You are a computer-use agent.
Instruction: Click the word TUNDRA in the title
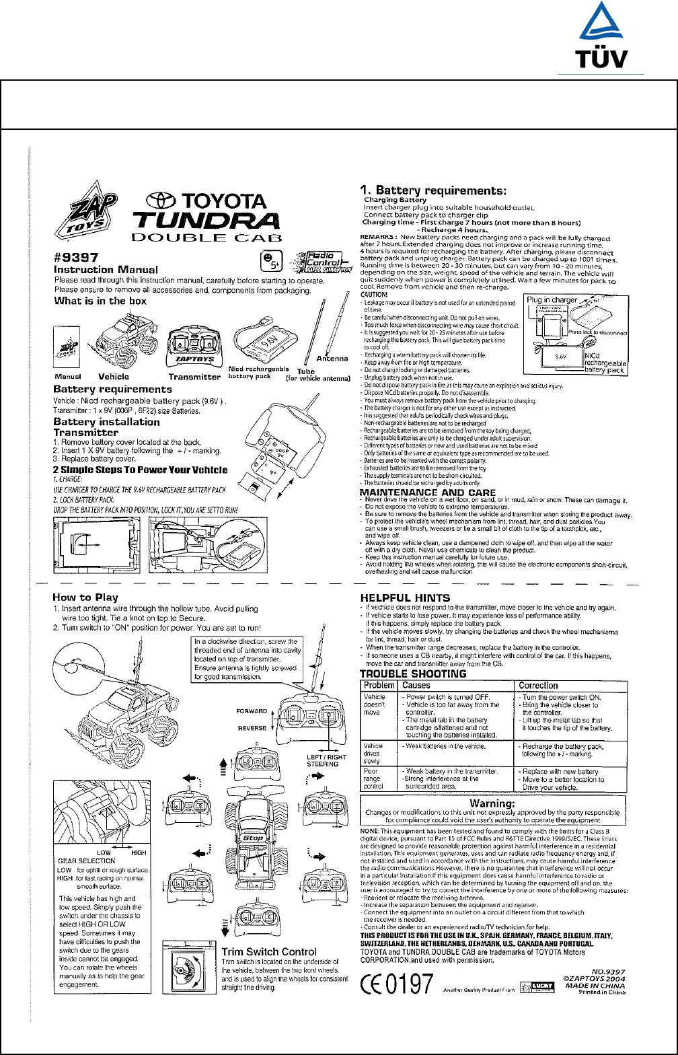tap(206, 220)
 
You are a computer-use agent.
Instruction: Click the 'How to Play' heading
tap(85, 597)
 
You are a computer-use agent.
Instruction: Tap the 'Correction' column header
tap(539, 686)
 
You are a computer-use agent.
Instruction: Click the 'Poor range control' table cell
tap(375, 778)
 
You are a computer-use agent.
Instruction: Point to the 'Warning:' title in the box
tap(492, 803)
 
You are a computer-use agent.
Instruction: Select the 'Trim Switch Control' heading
tap(269, 951)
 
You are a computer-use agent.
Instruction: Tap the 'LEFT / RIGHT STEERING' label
tap(327, 760)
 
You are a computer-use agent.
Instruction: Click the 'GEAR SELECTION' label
tap(87, 861)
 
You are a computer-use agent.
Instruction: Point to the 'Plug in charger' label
tap(552, 300)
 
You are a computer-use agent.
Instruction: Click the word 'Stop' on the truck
tap(253, 838)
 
